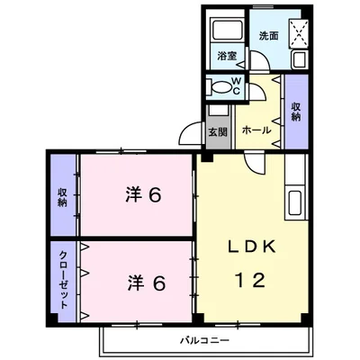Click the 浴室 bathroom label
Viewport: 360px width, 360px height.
pyautogui.click(x=228, y=57)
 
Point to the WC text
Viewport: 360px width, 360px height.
pyautogui.click(x=235, y=86)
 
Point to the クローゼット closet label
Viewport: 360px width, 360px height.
pyautogui.click(x=65, y=277)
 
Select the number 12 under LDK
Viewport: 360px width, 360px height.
pyautogui.click(x=251, y=280)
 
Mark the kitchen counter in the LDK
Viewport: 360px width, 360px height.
pyautogui.click(x=295, y=200)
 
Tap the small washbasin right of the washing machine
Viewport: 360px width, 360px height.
pyautogui.click(x=301, y=60)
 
